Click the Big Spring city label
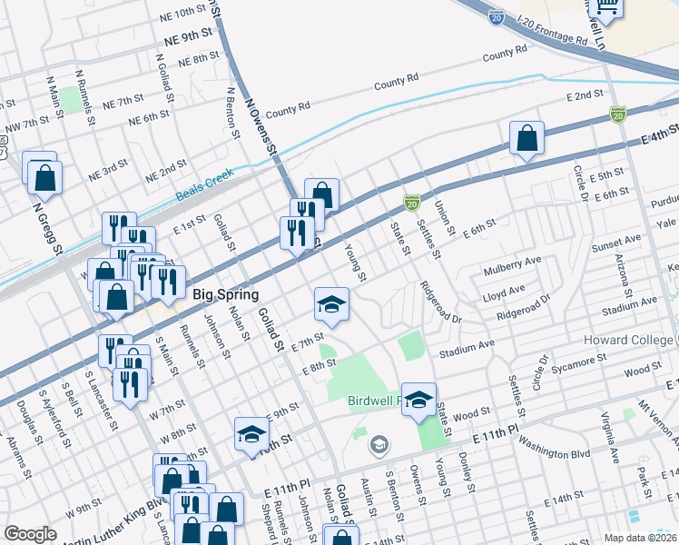(x=226, y=294)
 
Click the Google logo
(x=30, y=534)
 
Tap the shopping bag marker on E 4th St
(x=526, y=139)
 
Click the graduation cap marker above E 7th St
(x=332, y=304)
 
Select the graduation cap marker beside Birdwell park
(x=418, y=400)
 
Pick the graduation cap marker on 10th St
(x=251, y=434)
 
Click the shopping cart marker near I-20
(x=605, y=7)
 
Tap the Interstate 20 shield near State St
(x=411, y=202)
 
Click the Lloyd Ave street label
(x=505, y=292)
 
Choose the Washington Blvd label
(x=555, y=451)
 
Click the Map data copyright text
(x=640, y=537)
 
